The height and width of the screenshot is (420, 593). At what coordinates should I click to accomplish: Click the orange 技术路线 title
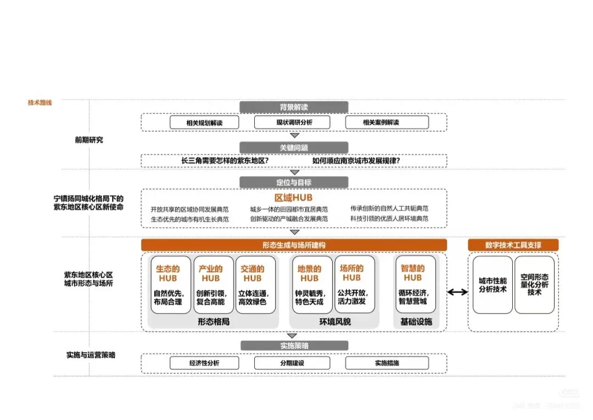click(40, 103)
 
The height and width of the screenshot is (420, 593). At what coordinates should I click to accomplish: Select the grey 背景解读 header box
click(294, 107)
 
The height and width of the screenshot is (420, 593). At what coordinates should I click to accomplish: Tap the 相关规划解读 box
click(204, 123)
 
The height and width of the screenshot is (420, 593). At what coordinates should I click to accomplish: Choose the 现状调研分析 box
click(294, 123)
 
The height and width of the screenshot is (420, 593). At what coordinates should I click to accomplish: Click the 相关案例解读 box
click(381, 123)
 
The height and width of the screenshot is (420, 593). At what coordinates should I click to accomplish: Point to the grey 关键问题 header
click(294, 147)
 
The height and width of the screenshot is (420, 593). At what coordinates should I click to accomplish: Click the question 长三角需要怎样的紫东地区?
click(225, 161)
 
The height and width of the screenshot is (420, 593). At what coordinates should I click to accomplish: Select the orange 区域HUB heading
click(294, 197)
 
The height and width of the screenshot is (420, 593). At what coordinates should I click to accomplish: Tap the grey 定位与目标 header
click(294, 183)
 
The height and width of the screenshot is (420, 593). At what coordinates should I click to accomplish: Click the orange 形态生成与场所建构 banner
click(294, 245)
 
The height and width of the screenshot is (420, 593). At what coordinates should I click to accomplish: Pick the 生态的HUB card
click(171, 285)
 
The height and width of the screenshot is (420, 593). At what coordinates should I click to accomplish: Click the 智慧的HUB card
click(415, 285)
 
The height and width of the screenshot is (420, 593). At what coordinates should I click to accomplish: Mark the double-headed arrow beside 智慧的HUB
click(457, 292)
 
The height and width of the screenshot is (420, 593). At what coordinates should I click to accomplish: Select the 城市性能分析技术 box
click(493, 285)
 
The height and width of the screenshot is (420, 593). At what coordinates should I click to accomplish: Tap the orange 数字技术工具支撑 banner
click(513, 245)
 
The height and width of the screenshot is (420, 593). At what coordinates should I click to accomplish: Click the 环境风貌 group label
click(335, 322)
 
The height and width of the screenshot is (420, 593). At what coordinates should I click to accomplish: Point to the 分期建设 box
click(292, 363)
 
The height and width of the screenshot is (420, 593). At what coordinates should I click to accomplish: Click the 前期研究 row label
click(89, 140)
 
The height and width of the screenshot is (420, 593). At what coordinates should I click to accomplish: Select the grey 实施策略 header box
click(294, 346)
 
